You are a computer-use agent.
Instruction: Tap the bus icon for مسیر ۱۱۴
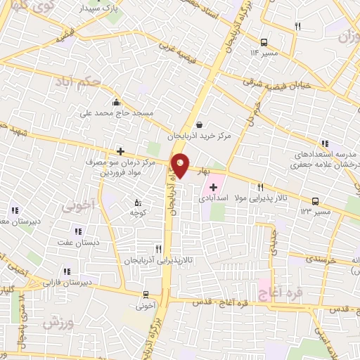264,41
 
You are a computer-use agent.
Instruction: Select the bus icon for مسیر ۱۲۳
314,200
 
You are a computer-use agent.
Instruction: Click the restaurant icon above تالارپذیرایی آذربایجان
159,248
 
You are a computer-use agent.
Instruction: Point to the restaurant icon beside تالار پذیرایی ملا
261,187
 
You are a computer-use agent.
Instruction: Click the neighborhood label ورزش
58,323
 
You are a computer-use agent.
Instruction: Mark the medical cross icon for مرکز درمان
121,151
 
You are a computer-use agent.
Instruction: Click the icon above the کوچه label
137,204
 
